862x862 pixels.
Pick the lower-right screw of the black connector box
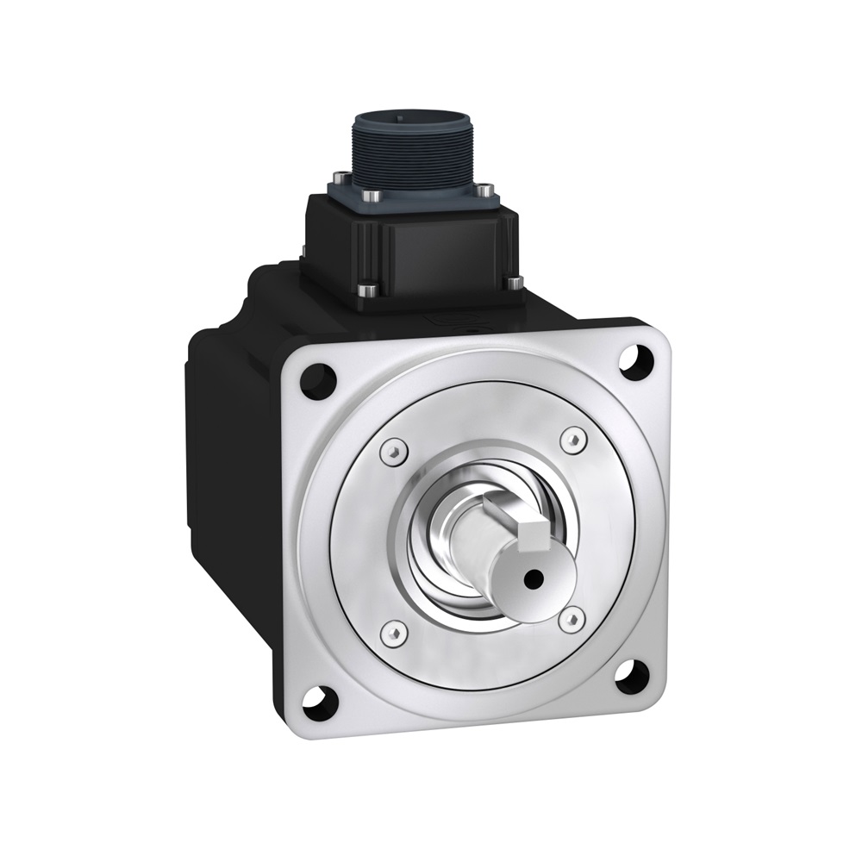click(515, 282)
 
